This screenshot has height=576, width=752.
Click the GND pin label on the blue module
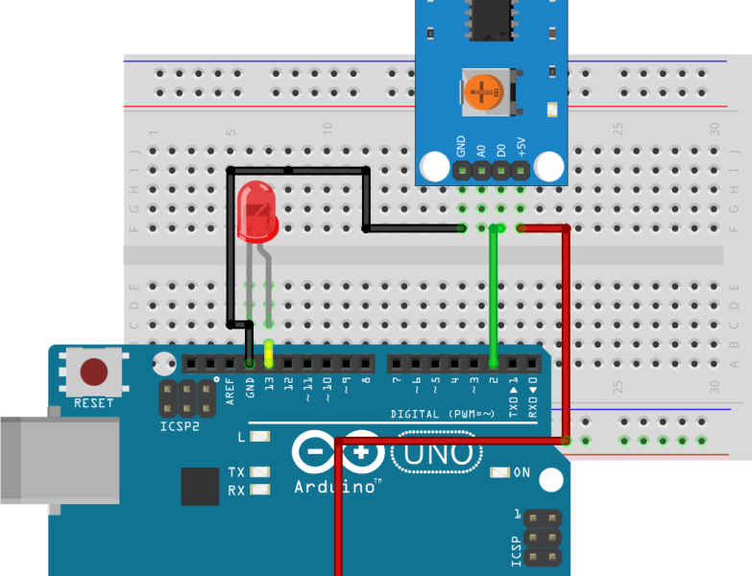coord(461,147)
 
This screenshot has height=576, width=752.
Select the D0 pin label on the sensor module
coord(500,149)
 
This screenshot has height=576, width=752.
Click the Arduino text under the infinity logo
coord(334,487)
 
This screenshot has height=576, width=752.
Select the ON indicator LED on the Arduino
coord(499,472)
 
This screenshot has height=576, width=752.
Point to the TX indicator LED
coord(258,472)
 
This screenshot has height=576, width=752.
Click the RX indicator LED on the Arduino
coord(258,490)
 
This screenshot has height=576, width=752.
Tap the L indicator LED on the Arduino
coord(258,437)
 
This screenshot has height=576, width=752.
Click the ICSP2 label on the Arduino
coord(180,424)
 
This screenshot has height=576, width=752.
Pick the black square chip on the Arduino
coord(200,487)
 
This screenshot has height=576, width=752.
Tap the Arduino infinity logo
coord(334,451)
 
